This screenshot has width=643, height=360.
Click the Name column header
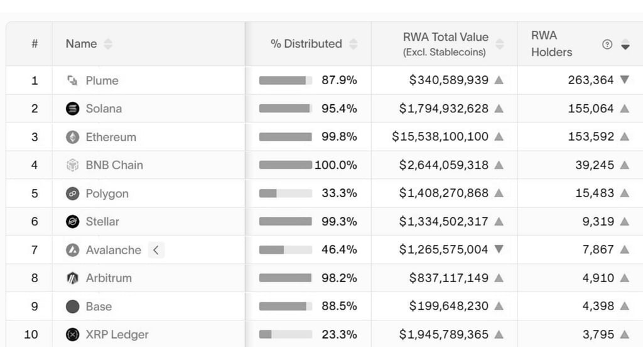coord(81,44)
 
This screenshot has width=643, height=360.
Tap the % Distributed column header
coord(306,44)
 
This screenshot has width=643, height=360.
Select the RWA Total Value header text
coord(445,37)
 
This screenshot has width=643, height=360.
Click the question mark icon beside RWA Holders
coord(607,45)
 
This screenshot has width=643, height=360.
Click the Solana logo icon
coord(73,109)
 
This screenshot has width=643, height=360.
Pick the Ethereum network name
coord(111,137)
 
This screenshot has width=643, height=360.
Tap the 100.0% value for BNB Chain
coord(336,165)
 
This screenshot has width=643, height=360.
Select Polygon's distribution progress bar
coord(285,194)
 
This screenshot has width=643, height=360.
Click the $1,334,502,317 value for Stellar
coord(443,222)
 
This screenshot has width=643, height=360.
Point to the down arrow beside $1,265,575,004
coord(499,249)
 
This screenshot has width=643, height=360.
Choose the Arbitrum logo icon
coord(73,278)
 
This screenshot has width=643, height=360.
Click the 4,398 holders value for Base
coord(598,307)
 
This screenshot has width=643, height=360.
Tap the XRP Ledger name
coord(117,335)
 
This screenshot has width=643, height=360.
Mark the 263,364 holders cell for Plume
coord(590,80)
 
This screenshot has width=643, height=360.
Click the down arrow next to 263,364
coord(624,80)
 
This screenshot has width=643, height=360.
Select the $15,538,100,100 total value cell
coord(440,137)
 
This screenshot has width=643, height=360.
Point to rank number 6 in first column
coord(35,222)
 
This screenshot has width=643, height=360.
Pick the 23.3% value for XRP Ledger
coord(339,335)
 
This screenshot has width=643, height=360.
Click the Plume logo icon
coord(73,80)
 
